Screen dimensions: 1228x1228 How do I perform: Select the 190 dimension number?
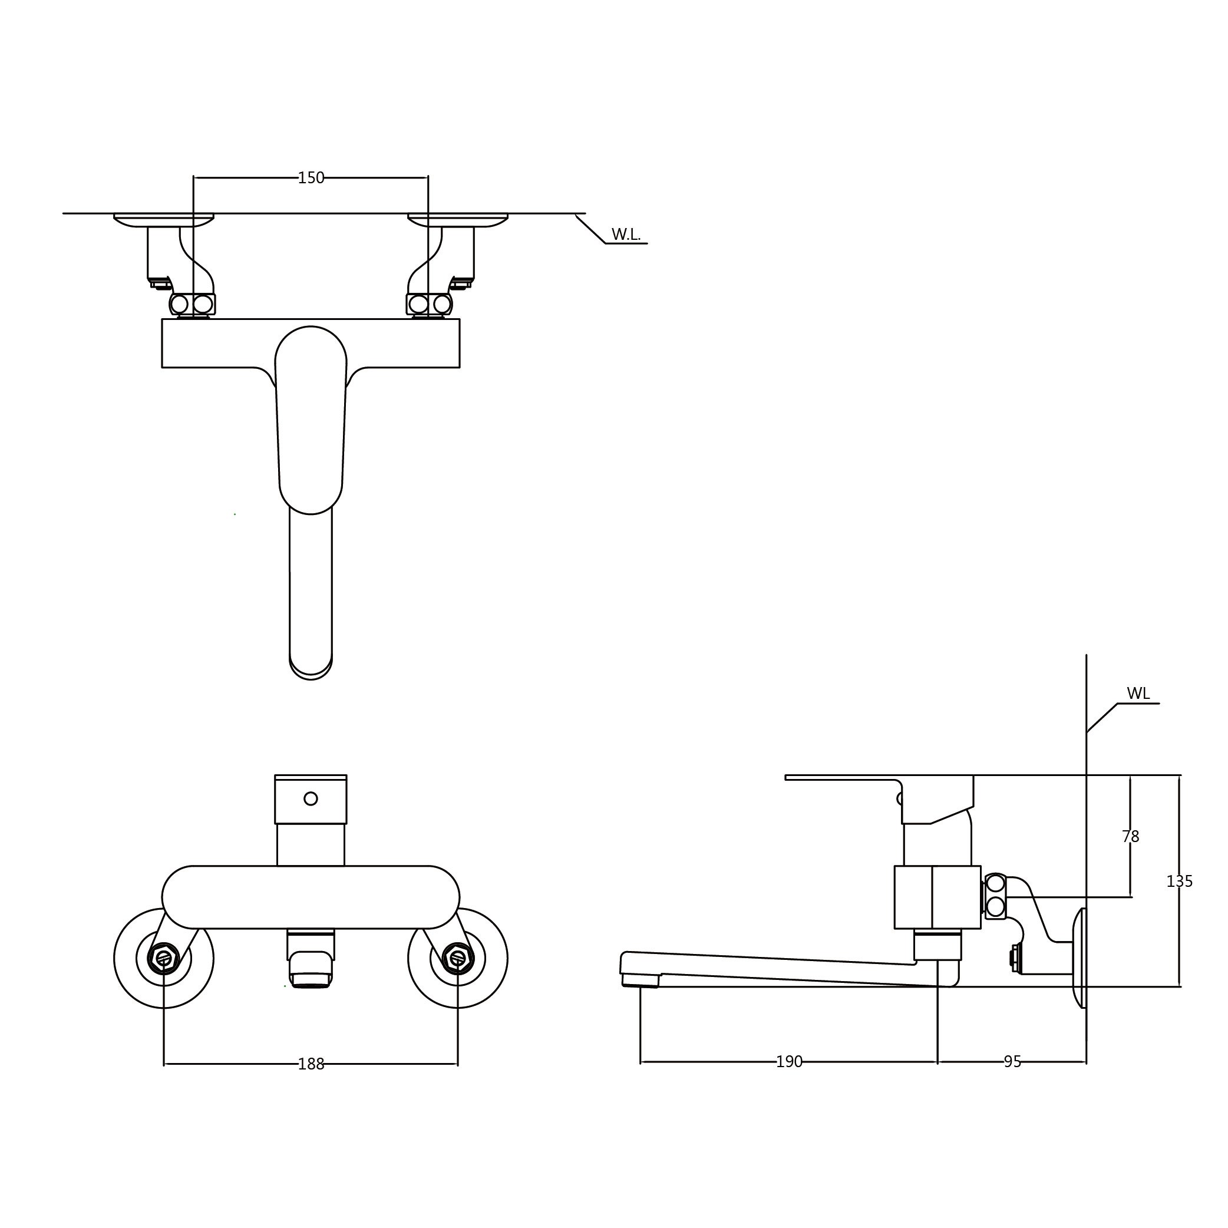[789, 1061]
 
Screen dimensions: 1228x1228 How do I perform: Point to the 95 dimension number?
[1012, 1061]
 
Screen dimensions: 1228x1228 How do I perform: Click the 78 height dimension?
[1130, 837]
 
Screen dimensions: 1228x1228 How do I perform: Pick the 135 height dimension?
[1179, 881]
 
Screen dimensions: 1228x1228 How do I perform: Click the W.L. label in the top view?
[626, 235]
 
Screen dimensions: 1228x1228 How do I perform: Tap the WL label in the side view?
[1138, 694]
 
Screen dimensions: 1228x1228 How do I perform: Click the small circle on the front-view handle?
[311, 798]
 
